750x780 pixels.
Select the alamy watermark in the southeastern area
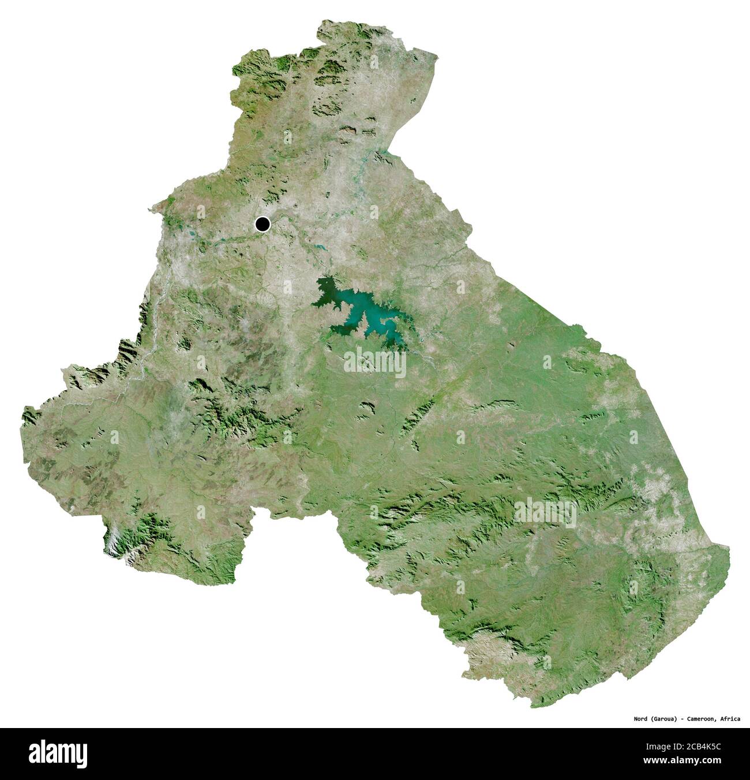pyautogui.click(x=545, y=512)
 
